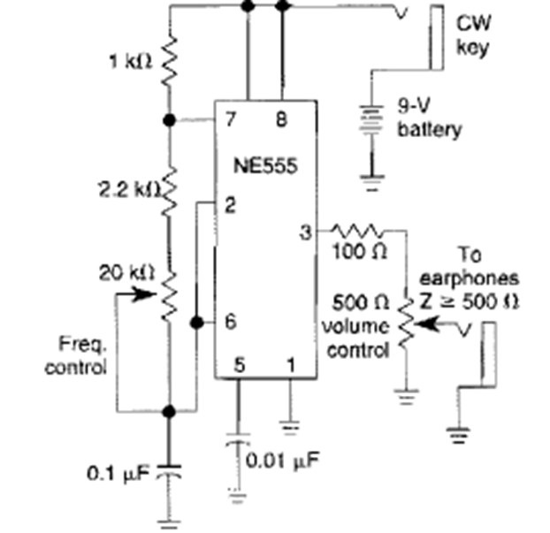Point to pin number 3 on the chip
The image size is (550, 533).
tap(305, 232)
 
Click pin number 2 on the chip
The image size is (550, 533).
tap(229, 206)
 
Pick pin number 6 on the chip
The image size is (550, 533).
tap(230, 322)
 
